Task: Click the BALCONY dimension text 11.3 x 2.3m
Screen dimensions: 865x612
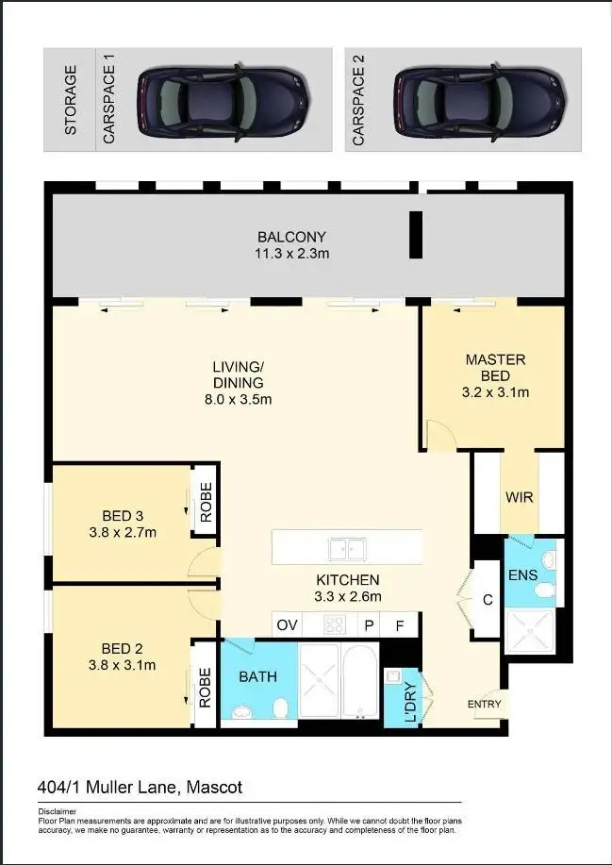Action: pos(291,253)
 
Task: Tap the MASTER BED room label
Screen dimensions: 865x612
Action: pos(495,367)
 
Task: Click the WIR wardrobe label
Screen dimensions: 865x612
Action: pos(520,497)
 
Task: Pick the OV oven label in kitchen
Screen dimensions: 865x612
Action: pos(288,624)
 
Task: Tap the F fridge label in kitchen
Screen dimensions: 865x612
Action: pos(400,624)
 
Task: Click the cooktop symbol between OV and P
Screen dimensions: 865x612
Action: pos(336,624)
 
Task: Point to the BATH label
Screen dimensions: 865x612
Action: pos(257,676)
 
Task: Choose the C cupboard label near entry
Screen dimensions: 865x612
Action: pos(487,599)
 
